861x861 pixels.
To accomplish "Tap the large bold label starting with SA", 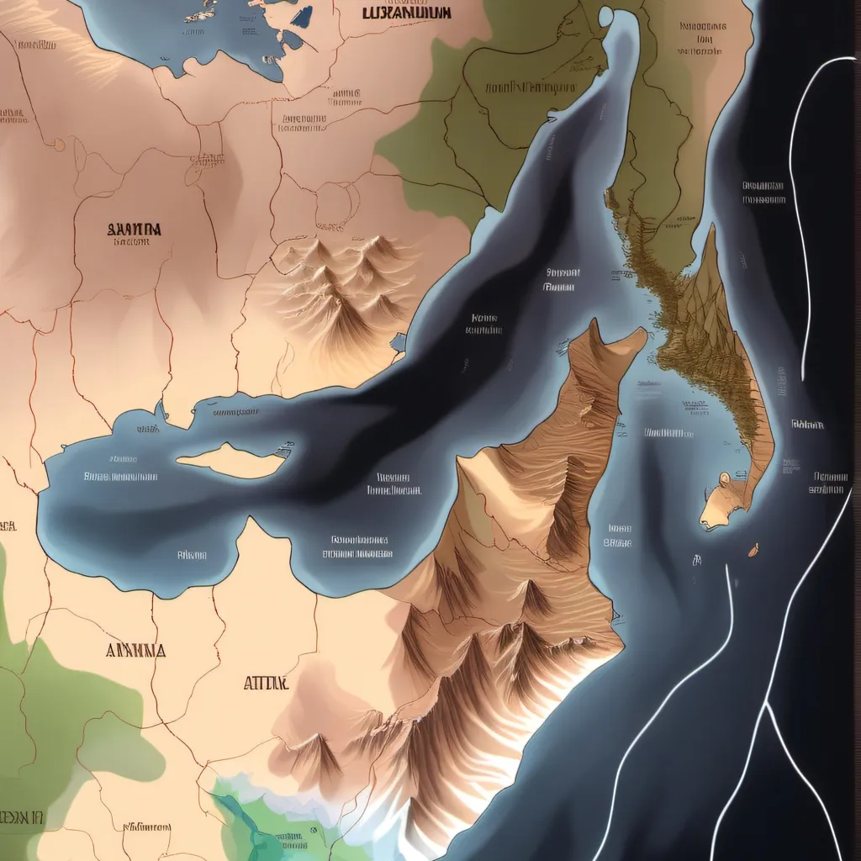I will coord(135,228).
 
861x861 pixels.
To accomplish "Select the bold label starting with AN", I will coord(136,650).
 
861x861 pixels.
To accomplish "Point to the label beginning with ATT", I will coord(266,684).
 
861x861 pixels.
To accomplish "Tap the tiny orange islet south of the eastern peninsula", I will coord(753,550).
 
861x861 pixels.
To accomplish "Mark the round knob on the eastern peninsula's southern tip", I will coord(725,480).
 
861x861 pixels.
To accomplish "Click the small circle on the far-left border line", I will coord(59,145).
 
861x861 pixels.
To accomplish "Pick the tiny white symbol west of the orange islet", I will coord(697,559).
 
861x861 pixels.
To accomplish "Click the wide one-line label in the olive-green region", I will coord(531,87).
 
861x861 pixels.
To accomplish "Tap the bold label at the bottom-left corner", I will coord(22,817).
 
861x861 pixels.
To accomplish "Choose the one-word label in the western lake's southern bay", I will coord(192,554).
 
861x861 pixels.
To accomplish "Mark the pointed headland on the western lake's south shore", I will coord(250,522).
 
